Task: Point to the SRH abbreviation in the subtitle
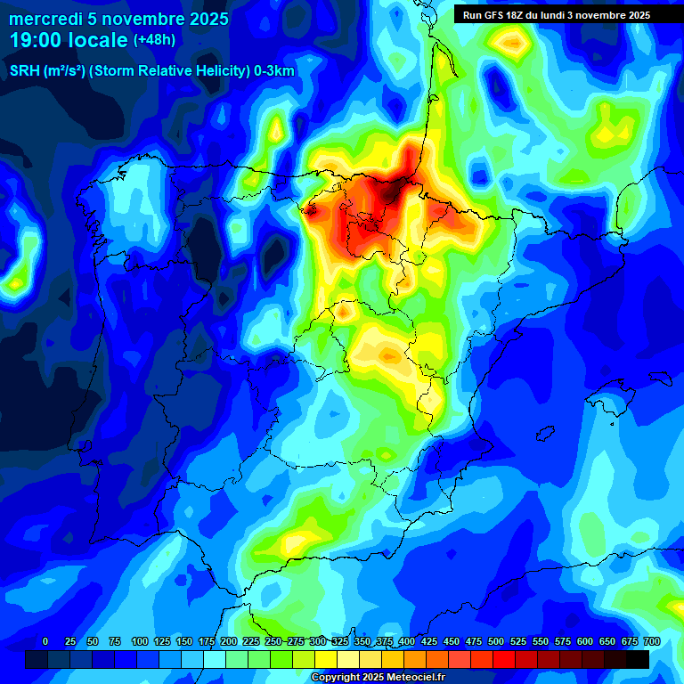click(24, 71)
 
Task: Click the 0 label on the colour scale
click(45, 641)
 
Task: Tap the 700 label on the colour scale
click(651, 641)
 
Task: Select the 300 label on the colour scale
click(318, 641)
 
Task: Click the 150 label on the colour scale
click(184, 641)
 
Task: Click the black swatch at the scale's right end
click(638, 659)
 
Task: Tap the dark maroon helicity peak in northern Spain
click(390, 189)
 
